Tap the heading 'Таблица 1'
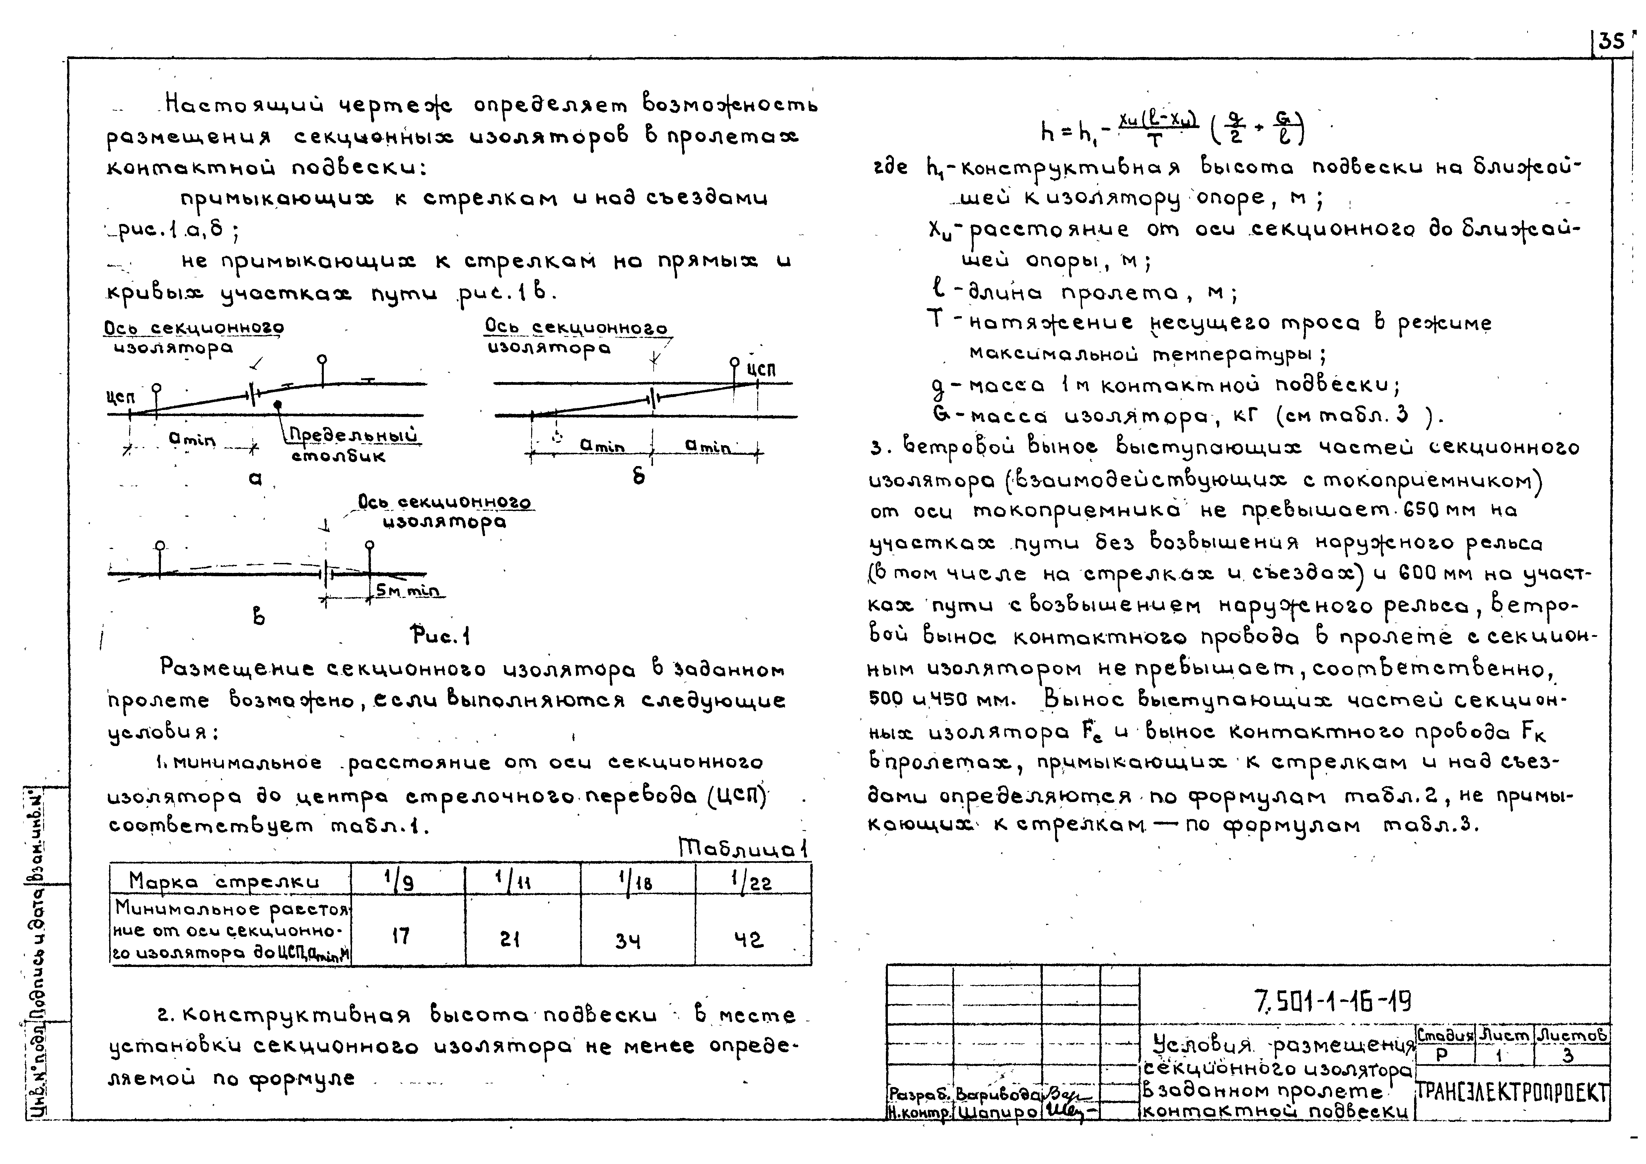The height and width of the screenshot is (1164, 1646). pos(743,849)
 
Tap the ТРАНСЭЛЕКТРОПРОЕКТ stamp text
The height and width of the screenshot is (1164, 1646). pos(1513,1093)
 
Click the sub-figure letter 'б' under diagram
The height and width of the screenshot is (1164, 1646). pos(639,476)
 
